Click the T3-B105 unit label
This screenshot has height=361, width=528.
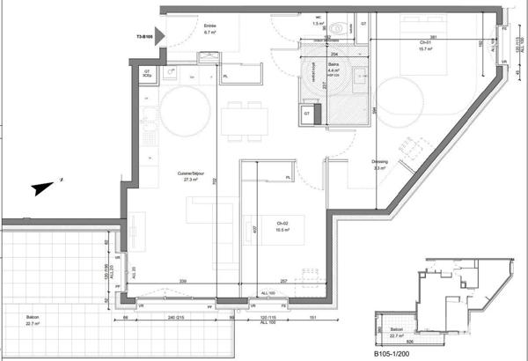point(145,37)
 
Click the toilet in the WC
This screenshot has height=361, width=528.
point(339,27)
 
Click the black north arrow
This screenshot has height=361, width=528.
point(41,187)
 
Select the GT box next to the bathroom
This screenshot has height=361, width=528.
point(307,113)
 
